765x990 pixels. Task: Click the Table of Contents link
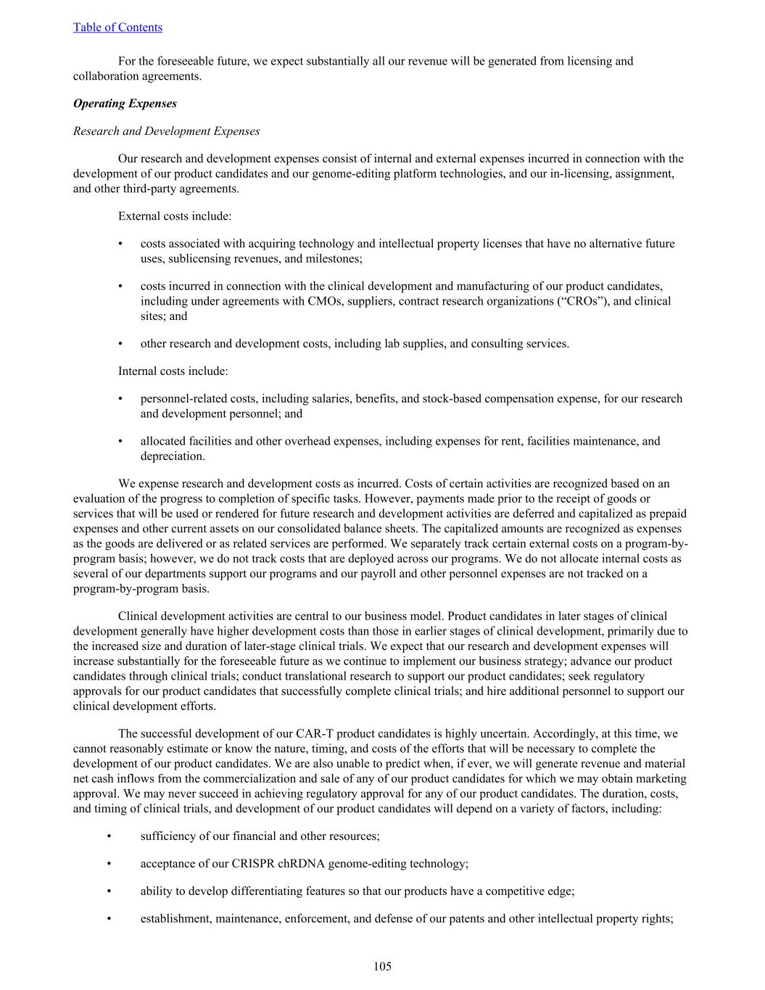click(x=117, y=28)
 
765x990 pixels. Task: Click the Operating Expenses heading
click(x=125, y=104)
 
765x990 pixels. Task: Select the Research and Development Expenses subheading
click(x=166, y=131)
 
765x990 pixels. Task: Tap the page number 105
click(x=383, y=966)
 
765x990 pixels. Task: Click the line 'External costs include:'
click(x=175, y=216)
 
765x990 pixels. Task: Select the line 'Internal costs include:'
click(x=173, y=371)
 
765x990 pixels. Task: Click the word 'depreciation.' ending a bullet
click(x=173, y=456)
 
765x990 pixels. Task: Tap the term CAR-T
click(x=291, y=734)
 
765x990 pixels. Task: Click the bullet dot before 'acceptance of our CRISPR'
click(x=109, y=864)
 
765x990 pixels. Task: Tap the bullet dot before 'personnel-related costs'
click(x=120, y=399)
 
